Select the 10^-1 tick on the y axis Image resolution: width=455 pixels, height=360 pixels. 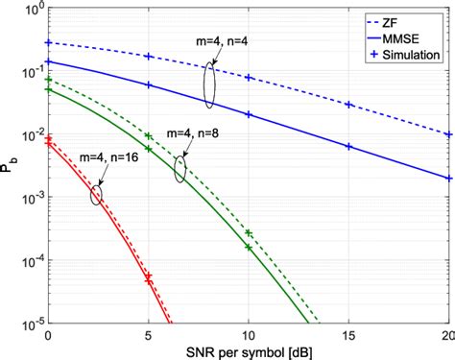28,72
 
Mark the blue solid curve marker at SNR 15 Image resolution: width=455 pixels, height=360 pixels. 349,147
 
